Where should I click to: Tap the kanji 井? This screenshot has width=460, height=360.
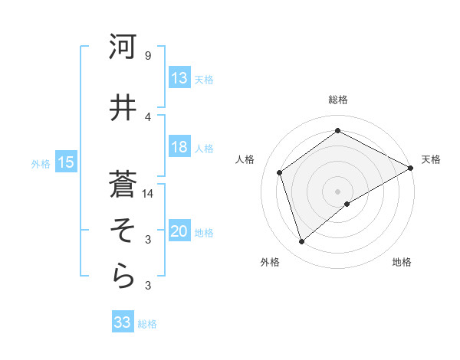pyautogui.click(x=123, y=108)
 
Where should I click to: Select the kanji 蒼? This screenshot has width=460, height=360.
pyautogui.click(x=123, y=183)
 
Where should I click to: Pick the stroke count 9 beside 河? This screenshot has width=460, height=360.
pyautogui.click(x=147, y=56)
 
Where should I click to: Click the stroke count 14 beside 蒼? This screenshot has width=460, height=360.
pyautogui.click(x=149, y=194)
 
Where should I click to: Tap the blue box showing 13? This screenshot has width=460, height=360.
pyautogui.click(x=179, y=78)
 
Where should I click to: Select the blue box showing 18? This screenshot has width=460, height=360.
pyautogui.click(x=179, y=148)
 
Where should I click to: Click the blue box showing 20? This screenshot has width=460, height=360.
pyautogui.click(x=179, y=232)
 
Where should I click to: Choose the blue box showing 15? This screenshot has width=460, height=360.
pyautogui.click(x=65, y=162)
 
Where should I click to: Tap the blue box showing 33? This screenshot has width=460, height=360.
pyautogui.click(x=123, y=322)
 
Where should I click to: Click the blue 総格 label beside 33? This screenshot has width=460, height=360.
pyautogui.click(x=147, y=324)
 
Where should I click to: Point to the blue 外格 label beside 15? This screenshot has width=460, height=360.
pyautogui.click(x=41, y=163)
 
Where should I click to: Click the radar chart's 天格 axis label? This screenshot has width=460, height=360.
pyautogui.click(x=431, y=159)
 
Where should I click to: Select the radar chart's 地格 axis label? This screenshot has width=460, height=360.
pyautogui.click(x=402, y=262)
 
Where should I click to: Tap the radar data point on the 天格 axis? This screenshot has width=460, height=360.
pyautogui.click(x=410, y=168)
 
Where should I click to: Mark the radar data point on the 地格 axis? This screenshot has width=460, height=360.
pyautogui.click(x=347, y=204)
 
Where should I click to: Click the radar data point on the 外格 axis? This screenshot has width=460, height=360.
pyautogui.click(x=301, y=242)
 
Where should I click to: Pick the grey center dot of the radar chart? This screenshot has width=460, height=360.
pyautogui.click(x=337, y=191)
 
